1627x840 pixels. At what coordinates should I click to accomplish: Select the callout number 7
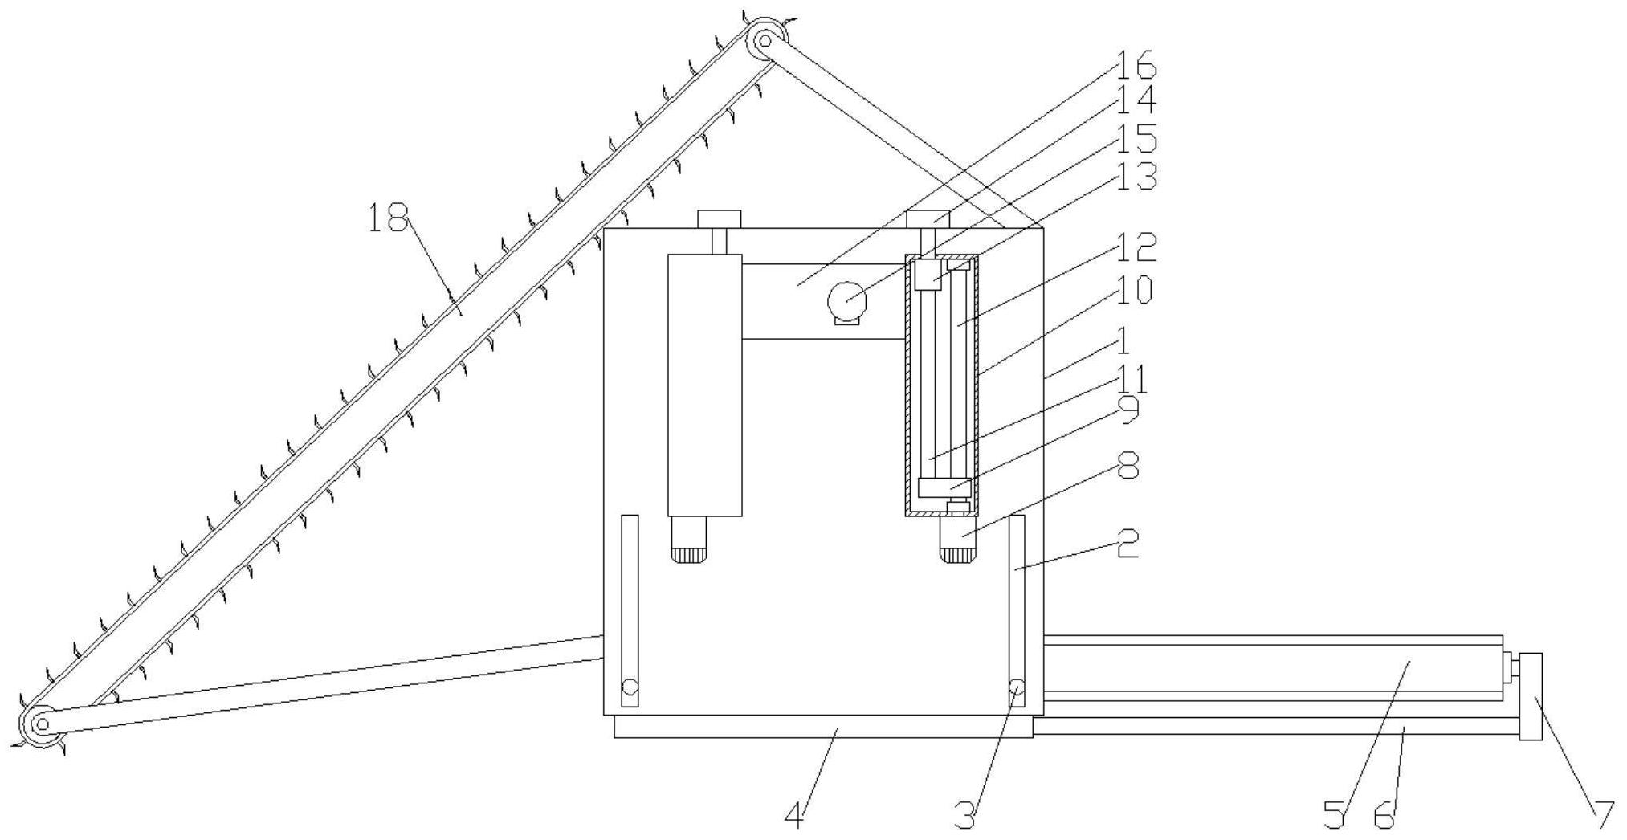(x=1603, y=816)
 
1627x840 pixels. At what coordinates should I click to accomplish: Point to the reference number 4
(x=793, y=817)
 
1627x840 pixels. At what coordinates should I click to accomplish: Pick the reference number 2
(x=1127, y=547)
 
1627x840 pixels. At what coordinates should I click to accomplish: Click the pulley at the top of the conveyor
(x=765, y=39)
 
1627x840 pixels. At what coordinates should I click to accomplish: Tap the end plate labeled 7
(x=1531, y=697)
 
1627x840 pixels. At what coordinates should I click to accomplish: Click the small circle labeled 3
(x=1017, y=688)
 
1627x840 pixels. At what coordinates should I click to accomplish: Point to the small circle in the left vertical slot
(x=630, y=688)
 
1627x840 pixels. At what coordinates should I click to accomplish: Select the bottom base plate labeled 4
(x=823, y=727)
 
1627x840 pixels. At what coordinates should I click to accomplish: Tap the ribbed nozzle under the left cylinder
(x=689, y=540)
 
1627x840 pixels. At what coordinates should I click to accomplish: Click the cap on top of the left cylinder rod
(x=719, y=218)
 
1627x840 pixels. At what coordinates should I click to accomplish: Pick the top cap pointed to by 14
(x=928, y=218)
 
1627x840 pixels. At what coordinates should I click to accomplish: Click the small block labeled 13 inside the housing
(x=928, y=275)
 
